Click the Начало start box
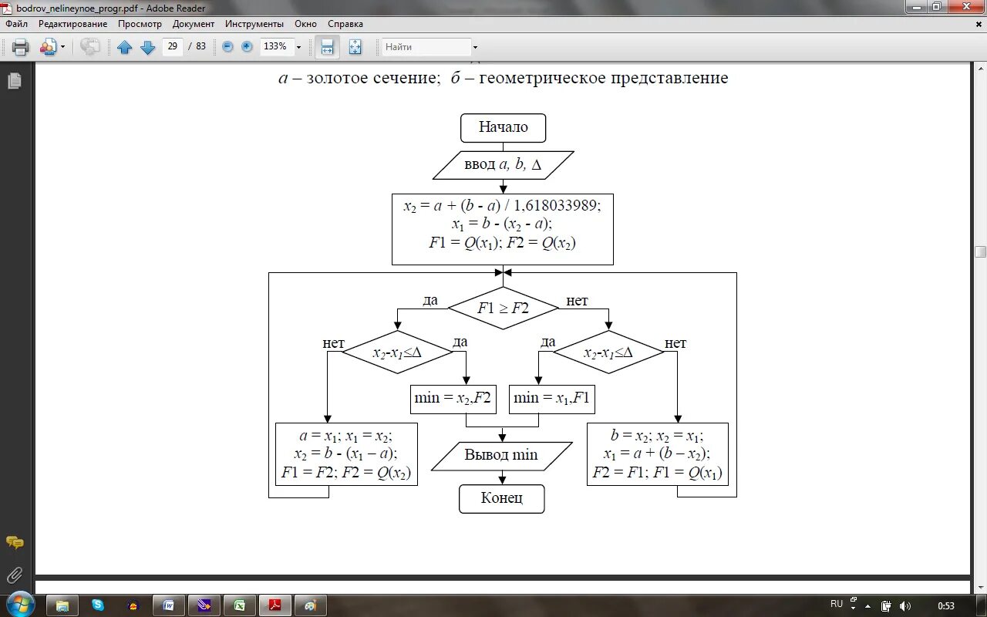coord(503,128)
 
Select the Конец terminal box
coord(502,498)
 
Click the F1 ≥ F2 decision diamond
coord(503,308)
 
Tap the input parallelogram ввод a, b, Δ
coord(503,165)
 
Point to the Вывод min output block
coord(501,455)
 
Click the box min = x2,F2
coord(453,399)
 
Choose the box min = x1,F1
coord(551,399)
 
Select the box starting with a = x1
coord(346,454)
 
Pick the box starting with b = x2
coord(657,454)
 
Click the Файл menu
coord(16,24)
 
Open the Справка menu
coord(345,24)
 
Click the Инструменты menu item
coord(254,24)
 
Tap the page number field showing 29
coord(173,46)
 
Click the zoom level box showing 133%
coord(276,46)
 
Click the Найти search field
coord(426,47)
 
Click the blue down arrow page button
coord(147,47)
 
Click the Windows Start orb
coord(19,605)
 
